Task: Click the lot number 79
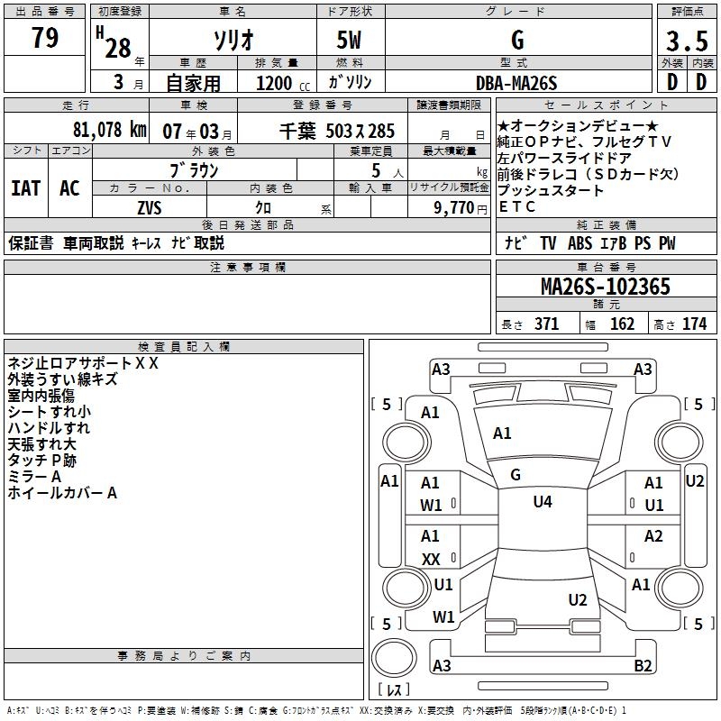pyautogui.click(x=45, y=39)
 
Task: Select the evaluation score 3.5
pyautogui.click(x=686, y=41)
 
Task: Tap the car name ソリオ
pyautogui.click(x=233, y=41)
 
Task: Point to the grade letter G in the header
pyautogui.click(x=517, y=41)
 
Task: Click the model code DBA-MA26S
pyautogui.click(x=516, y=83)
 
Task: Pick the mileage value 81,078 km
pyautogui.click(x=109, y=129)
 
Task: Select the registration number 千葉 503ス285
pyautogui.click(x=338, y=131)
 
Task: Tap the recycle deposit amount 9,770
pyautogui.click(x=460, y=207)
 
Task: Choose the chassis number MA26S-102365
pyautogui.click(x=605, y=287)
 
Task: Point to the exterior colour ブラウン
pyautogui.click(x=194, y=169)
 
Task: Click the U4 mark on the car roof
pyautogui.click(x=542, y=502)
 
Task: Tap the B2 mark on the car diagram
pyautogui.click(x=643, y=665)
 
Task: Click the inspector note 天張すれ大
pyautogui.click(x=42, y=444)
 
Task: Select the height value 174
pyautogui.click(x=694, y=324)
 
